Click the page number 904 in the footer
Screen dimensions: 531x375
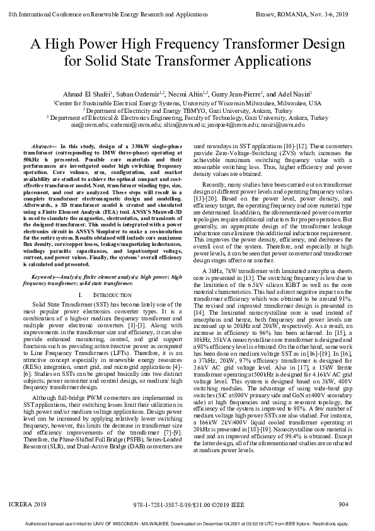coord(343,504)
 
